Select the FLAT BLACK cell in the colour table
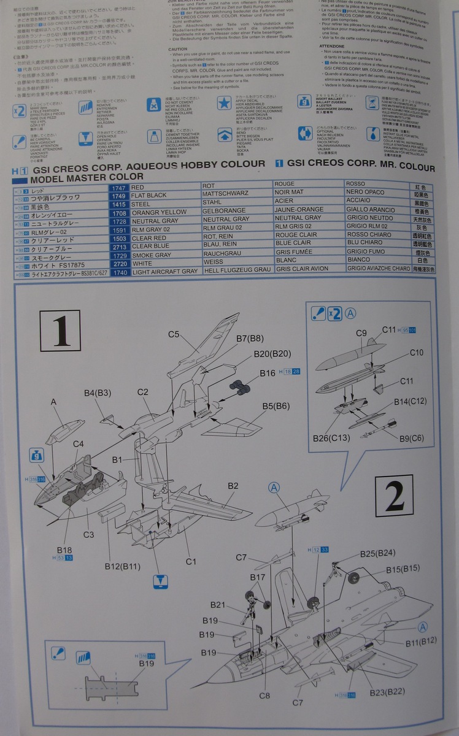click(148, 195)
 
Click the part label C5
click(174, 334)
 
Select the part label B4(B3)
click(98, 392)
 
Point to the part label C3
click(88, 534)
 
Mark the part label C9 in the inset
click(361, 332)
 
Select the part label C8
click(264, 696)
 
